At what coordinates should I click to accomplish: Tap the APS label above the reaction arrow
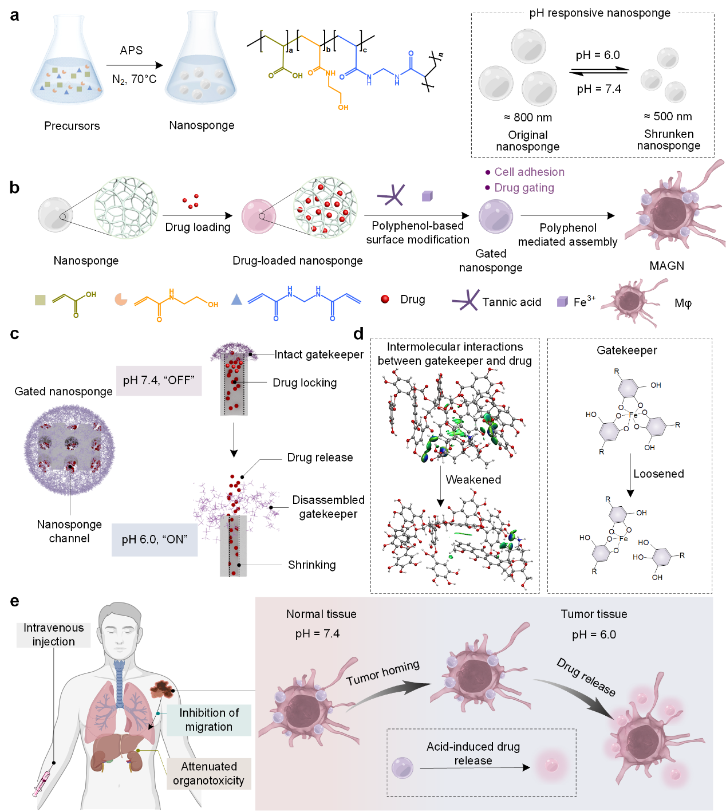[131, 50]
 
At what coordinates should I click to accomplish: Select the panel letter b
[14, 188]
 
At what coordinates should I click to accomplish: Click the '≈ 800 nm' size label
[528, 117]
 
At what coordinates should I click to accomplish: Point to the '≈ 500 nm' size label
[668, 116]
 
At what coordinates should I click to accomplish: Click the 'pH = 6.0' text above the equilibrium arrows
[597, 55]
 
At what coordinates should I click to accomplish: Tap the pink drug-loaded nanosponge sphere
[259, 216]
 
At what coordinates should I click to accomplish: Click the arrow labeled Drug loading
[198, 216]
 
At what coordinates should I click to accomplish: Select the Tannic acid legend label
[511, 302]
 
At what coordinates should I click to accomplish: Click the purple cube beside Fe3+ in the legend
[562, 302]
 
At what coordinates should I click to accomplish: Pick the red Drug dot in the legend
[385, 299]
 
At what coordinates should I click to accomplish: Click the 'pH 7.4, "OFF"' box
[159, 381]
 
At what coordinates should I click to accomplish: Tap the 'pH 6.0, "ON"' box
[154, 539]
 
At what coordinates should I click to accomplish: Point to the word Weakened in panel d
[473, 480]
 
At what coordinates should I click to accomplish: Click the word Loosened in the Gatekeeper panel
[658, 474]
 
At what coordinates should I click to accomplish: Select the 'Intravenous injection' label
[53, 634]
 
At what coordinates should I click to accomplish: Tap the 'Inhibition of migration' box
[209, 720]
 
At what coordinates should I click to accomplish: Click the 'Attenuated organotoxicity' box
[208, 774]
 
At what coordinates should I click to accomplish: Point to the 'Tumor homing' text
[382, 672]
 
